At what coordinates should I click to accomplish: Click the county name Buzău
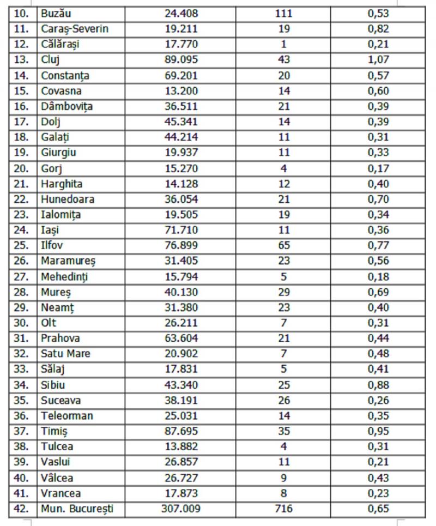tap(57, 14)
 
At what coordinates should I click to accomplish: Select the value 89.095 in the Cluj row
tap(181, 60)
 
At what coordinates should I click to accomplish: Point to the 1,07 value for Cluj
tap(377, 60)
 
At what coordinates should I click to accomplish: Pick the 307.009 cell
tap(181, 509)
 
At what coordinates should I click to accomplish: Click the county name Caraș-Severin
tap(74, 29)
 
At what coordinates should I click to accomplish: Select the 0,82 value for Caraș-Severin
tap(377, 29)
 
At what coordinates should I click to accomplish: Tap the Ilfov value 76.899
tap(181, 246)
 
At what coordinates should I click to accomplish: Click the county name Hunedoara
tap(68, 199)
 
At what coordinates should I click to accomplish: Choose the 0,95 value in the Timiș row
tap(377, 432)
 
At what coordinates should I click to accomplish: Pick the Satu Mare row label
tap(65, 354)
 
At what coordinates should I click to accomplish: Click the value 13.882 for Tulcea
tap(181, 447)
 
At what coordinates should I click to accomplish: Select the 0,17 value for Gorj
tap(377, 168)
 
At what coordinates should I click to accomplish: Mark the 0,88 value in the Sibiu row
tap(377, 385)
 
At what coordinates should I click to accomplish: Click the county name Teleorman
tap(66, 416)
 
